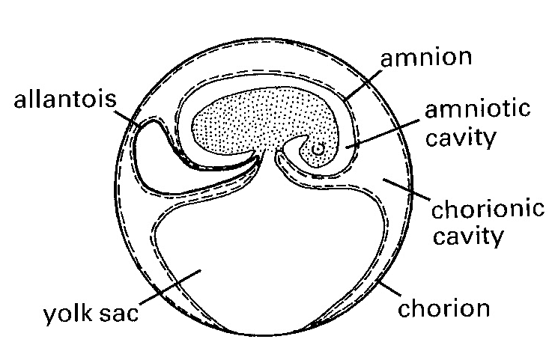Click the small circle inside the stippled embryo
click(318, 149)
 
